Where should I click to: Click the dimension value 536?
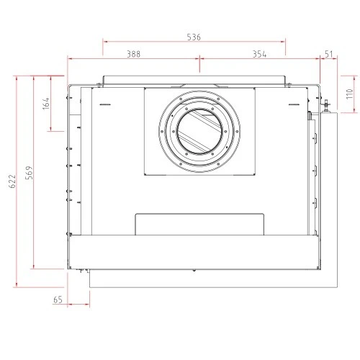[194, 37]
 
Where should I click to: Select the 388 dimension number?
[133, 54]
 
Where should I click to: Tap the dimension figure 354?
[259, 55]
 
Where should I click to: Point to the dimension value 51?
[329, 54]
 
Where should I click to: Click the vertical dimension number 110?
[350, 94]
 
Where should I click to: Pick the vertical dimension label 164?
[46, 104]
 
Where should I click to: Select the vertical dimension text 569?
[29, 173]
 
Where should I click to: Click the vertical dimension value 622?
[12, 181]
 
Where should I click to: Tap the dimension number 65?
[58, 300]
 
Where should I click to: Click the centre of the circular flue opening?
[199, 132]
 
